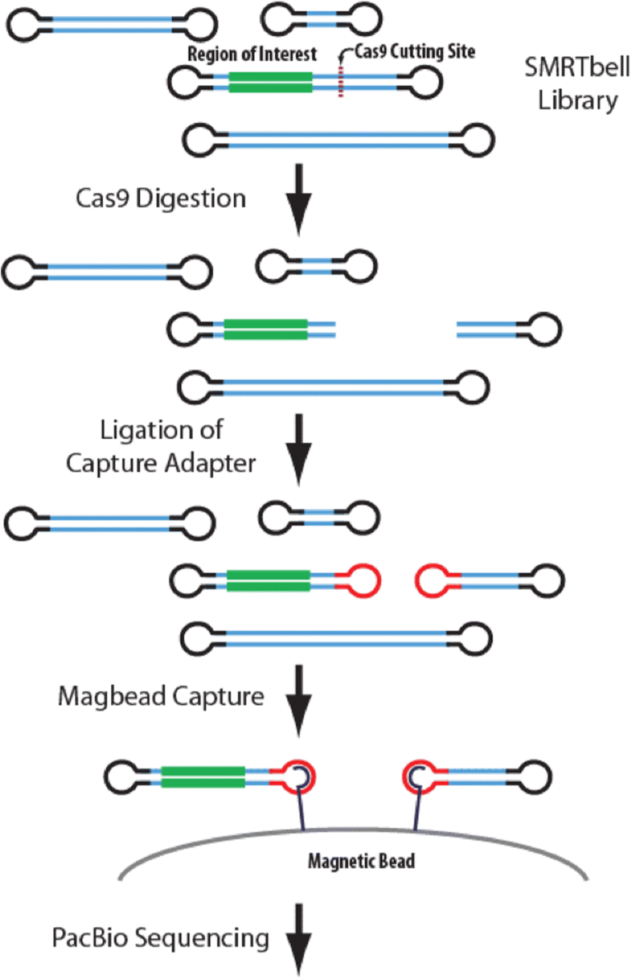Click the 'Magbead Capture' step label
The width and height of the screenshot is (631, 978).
(x=161, y=697)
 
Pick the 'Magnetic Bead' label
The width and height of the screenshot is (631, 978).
(x=361, y=861)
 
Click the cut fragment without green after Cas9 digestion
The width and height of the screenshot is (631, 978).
(x=506, y=328)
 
